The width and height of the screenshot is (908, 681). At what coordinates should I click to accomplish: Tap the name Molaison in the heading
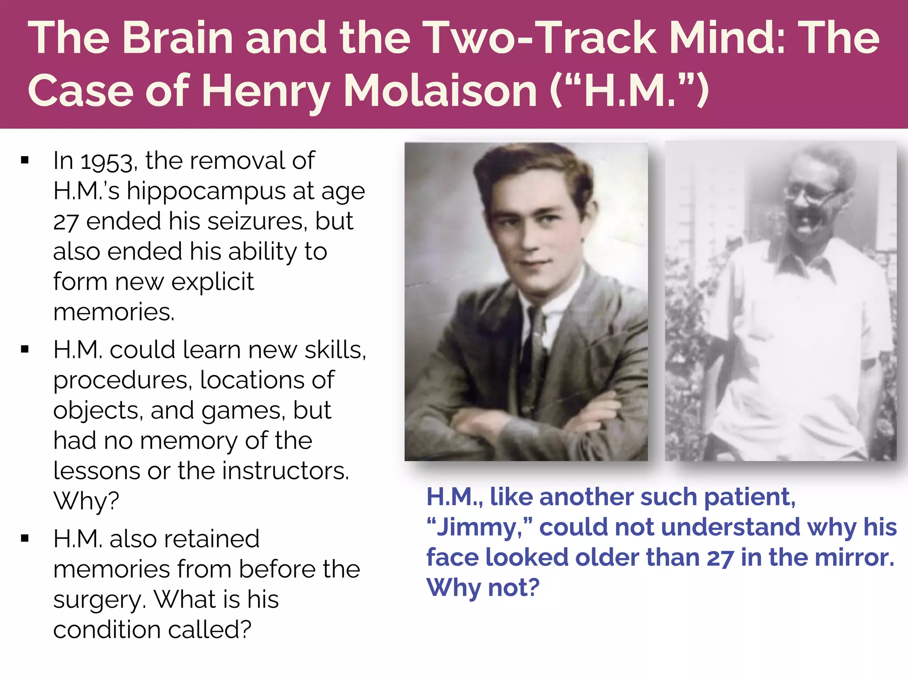pos(440,91)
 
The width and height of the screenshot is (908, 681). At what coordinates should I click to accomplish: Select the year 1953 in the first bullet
pos(106,161)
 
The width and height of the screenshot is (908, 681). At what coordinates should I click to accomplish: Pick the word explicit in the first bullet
pos(213,282)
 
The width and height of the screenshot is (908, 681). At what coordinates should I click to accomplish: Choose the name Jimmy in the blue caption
pos(479,528)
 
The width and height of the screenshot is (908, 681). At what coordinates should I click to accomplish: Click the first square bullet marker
pos(25,160)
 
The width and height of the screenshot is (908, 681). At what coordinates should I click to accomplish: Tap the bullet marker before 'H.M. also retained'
pos(25,538)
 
